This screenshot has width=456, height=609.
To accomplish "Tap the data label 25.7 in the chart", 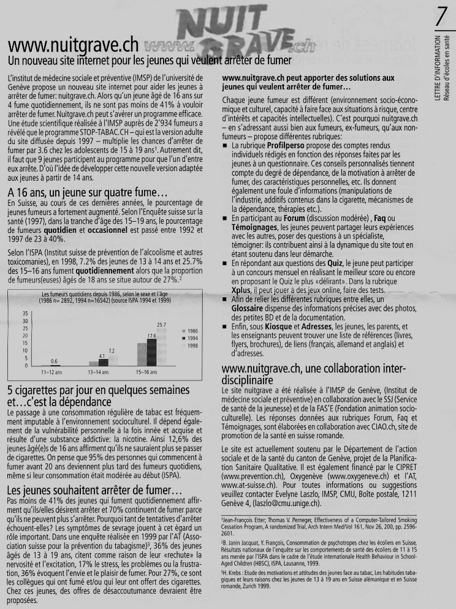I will pos(162,324).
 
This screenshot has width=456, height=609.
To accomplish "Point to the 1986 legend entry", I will pos(188,330).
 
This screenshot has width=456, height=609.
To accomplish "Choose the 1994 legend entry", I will pos(188,338).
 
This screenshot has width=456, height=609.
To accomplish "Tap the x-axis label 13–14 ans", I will pos(99,372).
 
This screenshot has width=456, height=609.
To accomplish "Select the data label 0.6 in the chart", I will pos(54,361).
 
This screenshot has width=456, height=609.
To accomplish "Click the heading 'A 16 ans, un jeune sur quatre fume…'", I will pos(79,191).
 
